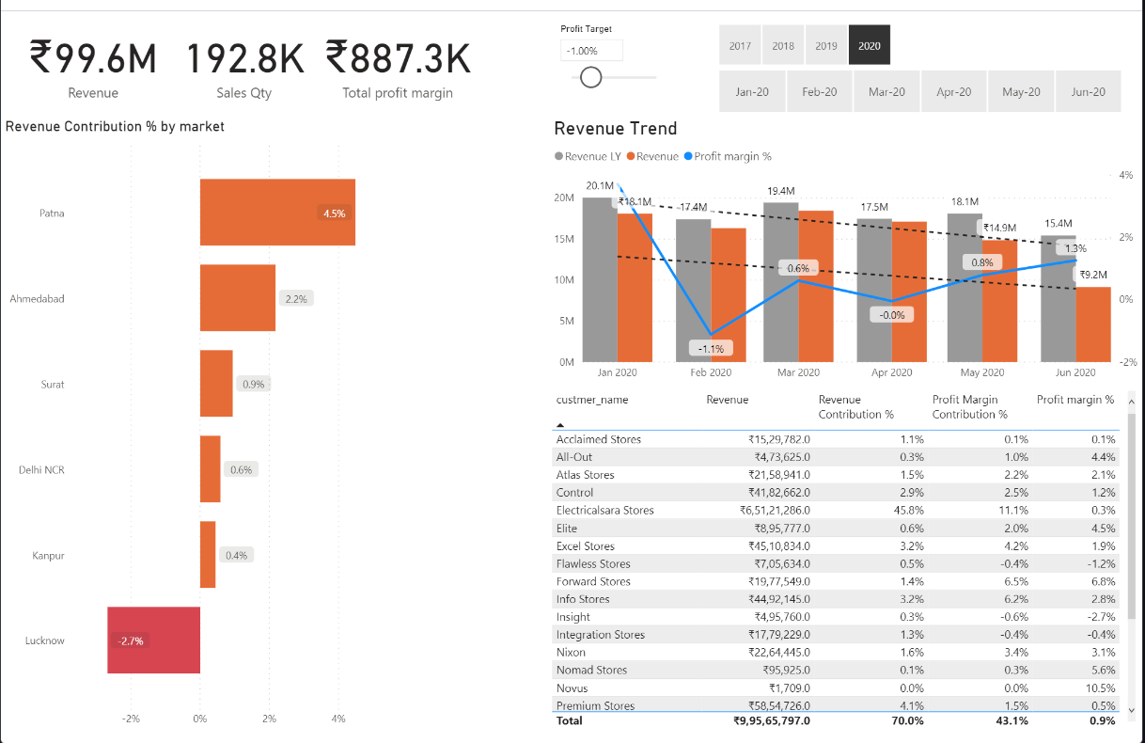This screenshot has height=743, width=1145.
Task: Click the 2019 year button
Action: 826,45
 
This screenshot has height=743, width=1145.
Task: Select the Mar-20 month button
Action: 886,91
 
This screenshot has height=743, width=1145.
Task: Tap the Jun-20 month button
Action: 1088,91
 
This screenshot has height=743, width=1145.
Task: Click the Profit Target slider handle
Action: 591,77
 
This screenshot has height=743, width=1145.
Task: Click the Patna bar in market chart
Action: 277,213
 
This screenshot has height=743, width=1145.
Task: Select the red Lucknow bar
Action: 153,640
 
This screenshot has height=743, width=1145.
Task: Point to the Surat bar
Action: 216,384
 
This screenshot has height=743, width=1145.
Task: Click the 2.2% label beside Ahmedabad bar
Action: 296,298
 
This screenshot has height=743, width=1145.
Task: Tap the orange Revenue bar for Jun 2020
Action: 1093,324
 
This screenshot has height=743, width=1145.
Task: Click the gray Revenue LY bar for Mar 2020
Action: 781,282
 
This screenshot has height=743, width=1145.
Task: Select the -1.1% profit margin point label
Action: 711,348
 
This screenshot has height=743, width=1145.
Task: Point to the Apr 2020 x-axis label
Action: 891,372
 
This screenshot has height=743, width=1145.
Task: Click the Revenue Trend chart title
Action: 615,129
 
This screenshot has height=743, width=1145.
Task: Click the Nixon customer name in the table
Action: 571,653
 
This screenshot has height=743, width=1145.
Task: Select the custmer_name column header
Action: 592,400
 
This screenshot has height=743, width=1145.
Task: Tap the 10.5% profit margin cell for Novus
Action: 1103,688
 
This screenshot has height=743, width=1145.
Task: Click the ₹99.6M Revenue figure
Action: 93,58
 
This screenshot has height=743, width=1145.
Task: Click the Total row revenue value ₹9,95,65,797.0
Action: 771,721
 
